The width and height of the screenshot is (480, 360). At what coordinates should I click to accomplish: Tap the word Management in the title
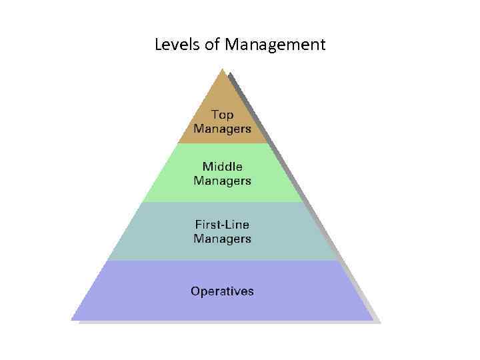pos(275,45)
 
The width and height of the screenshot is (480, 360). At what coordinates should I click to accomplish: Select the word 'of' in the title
pos(212,45)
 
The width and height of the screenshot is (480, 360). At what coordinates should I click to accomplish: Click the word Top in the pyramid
pos(223,115)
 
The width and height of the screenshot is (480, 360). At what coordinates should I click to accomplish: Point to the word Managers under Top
pos(223,128)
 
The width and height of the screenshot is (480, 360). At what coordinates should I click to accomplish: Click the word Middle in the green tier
pos(223,167)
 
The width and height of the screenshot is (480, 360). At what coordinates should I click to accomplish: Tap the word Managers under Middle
pos(223,181)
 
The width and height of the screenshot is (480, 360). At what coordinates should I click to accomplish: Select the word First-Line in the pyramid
pos(223,224)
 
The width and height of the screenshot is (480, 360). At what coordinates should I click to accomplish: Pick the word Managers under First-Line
pos(223,238)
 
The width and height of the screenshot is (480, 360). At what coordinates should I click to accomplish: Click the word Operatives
pos(223,291)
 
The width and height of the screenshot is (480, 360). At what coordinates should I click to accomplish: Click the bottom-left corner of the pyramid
pos(73,319)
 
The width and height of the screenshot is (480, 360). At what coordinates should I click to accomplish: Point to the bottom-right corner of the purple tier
pos(372,319)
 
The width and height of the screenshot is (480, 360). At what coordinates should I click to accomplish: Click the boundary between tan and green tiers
pos(223,143)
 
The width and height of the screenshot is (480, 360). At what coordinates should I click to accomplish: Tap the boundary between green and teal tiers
pos(223,202)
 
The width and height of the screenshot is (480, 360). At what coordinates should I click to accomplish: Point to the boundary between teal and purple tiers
pos(223,260)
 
